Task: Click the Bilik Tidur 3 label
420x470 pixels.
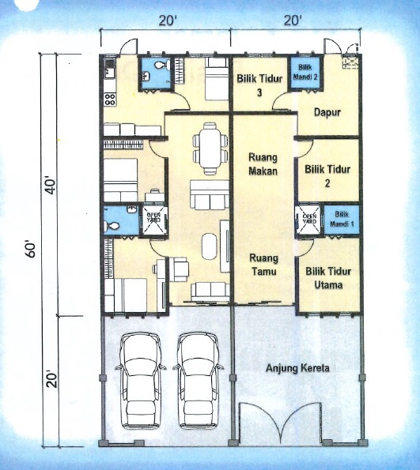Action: (259, 85)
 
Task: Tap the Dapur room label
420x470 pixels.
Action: (327, 112)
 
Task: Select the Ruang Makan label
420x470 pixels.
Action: (263, 164)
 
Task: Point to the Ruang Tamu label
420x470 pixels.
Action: (264, 265)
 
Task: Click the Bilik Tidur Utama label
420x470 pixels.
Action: (328, 278)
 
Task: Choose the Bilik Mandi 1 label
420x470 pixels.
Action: (342, 219)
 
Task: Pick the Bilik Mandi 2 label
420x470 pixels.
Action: (305, 72)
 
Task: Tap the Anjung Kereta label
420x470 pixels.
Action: (297, 368)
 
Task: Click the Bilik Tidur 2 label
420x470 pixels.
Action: (327, 176)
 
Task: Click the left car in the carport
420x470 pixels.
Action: (140, 380)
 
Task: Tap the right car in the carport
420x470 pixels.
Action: (199, 380)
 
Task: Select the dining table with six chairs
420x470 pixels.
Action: (210, 148)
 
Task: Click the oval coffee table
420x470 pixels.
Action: (209, 246)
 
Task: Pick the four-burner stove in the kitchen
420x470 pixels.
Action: (110, 100)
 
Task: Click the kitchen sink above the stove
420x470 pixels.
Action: (109, 69)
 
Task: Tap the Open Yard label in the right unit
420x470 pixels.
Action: (309, 219)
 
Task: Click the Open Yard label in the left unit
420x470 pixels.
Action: (153, 217)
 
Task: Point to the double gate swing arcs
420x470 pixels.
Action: (280, 423)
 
